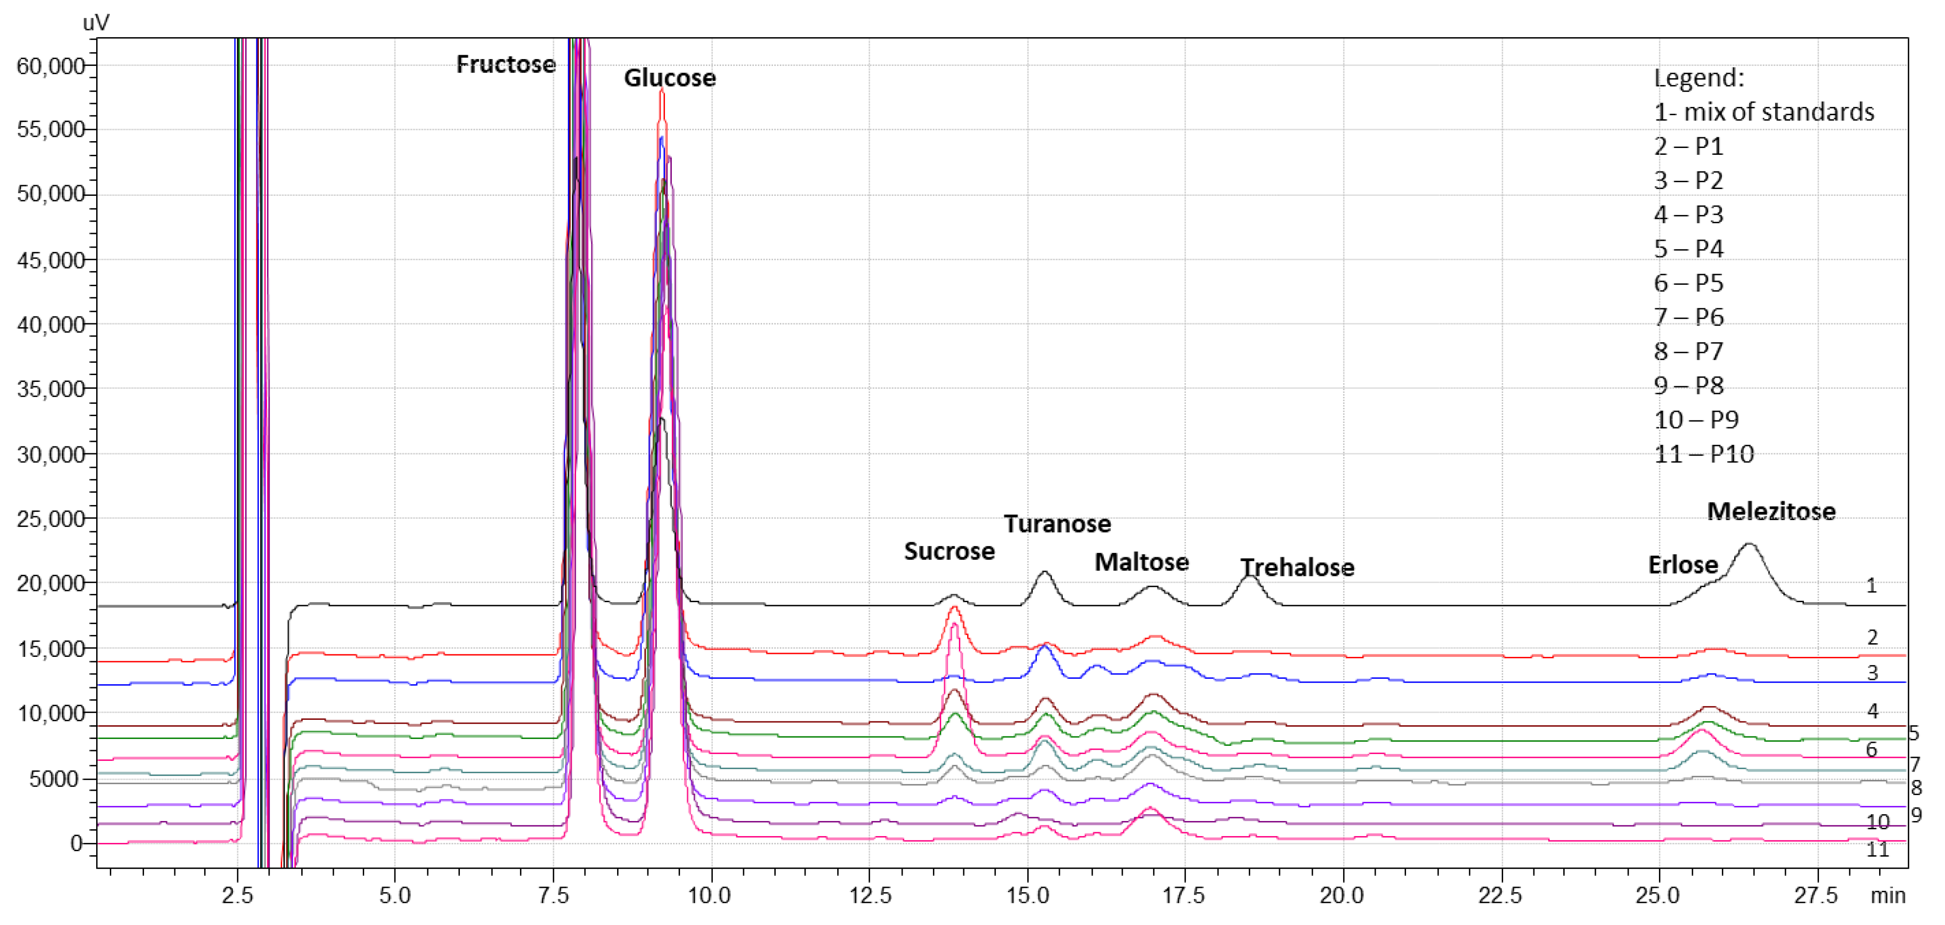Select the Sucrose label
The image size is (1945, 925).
[949, 552]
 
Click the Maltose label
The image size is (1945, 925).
[1141, 563]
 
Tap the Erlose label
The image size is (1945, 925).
[1682, 565]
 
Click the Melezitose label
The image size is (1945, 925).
[1771, 512]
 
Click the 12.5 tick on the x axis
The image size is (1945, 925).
[870, 896]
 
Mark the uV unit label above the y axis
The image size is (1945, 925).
[96, 22]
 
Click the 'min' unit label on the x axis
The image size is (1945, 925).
[1887, 896]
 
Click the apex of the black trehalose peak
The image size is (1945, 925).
[1250, 577]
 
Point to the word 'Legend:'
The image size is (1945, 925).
[1699, 78]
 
